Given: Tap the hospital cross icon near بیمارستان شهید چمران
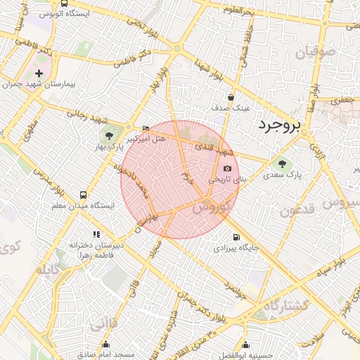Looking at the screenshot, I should [x=39, y=73].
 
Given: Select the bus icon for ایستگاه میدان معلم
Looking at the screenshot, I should [x=84, y=195].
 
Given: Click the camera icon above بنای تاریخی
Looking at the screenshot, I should [x=227, y=169].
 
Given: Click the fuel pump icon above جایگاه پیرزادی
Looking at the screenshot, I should [x=236, y=237].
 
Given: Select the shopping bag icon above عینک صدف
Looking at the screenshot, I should [x=231, y=97].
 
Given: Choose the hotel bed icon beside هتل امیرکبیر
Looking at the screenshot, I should [x=146, y=128].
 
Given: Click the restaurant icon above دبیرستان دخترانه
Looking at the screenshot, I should [x=96, y=234].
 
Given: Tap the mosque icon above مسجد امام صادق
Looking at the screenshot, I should [x=106, y=344].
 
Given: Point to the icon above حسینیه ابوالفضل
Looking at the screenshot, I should [x=245, y=345].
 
